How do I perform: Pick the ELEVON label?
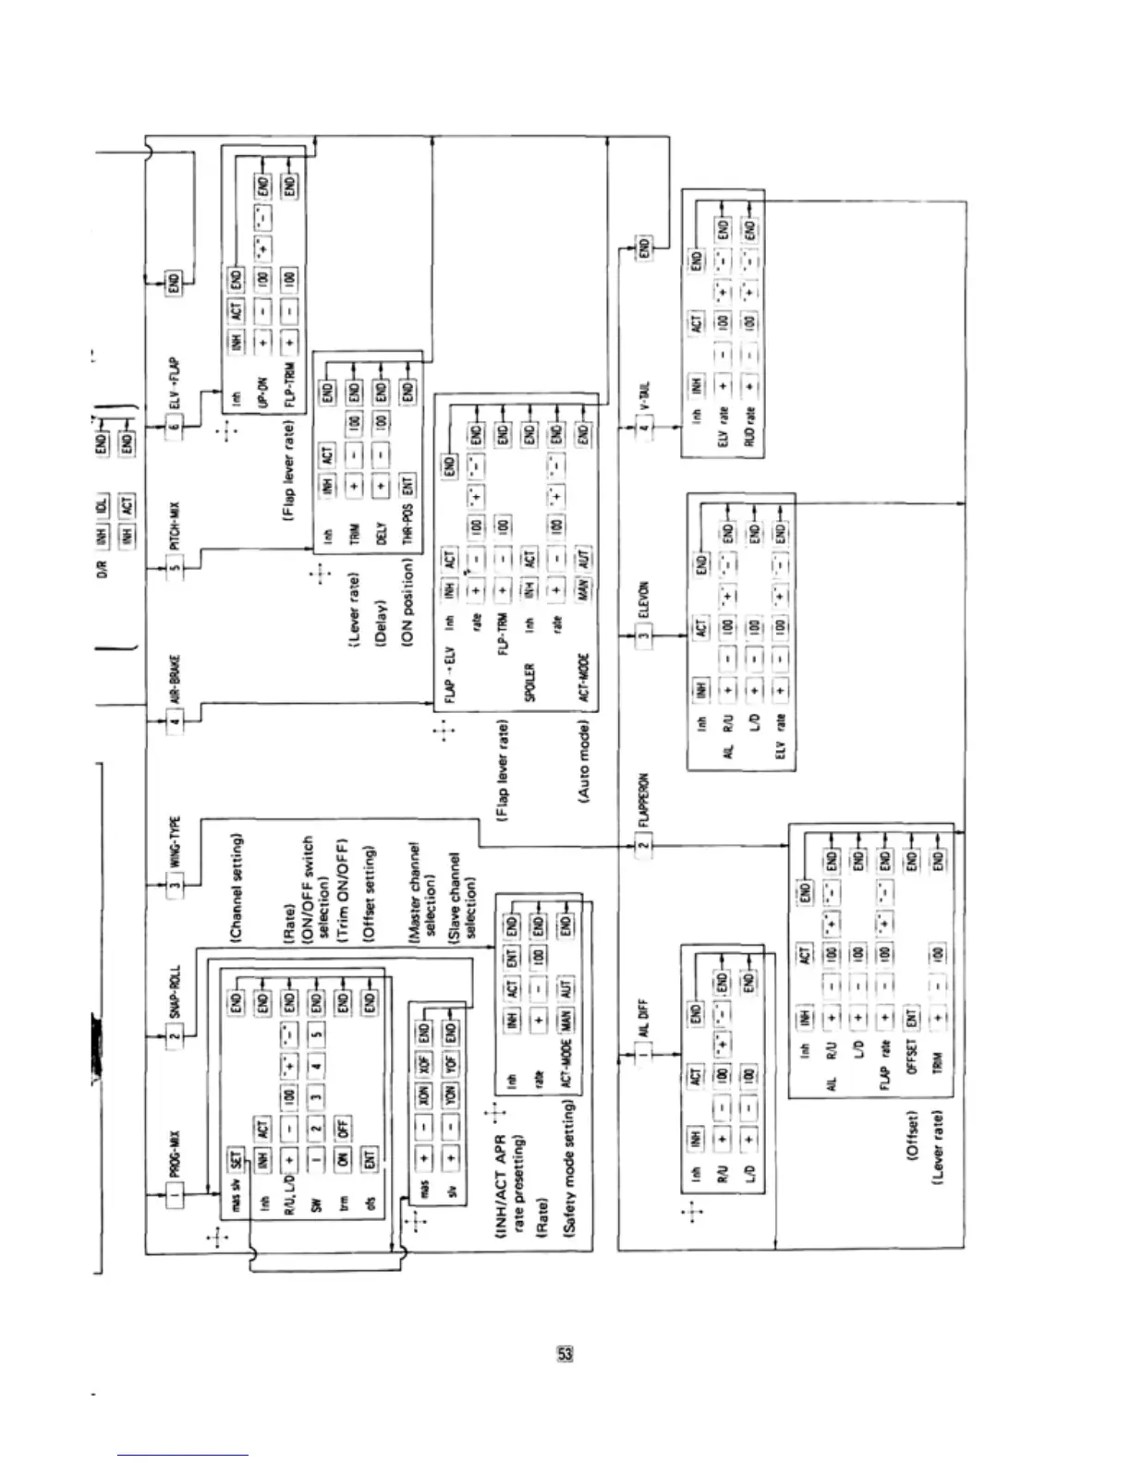(644, 600)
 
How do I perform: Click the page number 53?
(565, 1354)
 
